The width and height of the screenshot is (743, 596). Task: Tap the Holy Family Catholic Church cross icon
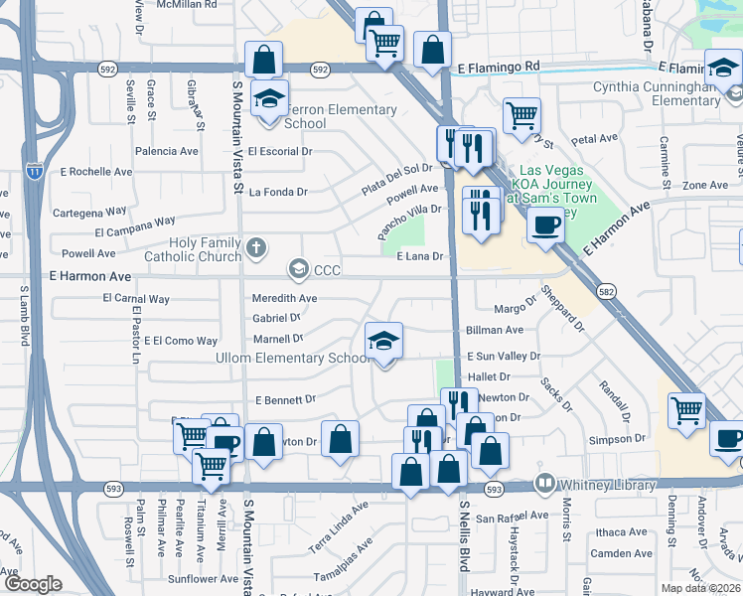256,248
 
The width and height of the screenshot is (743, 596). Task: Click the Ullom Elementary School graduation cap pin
383,341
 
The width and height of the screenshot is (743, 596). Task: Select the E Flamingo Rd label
498,68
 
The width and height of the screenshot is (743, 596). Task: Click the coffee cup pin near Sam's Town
544,226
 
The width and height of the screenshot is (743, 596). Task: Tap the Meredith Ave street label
284,298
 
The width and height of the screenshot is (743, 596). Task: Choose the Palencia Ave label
166,152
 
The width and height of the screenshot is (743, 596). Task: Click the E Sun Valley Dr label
503,356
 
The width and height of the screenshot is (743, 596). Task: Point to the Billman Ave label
495,330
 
